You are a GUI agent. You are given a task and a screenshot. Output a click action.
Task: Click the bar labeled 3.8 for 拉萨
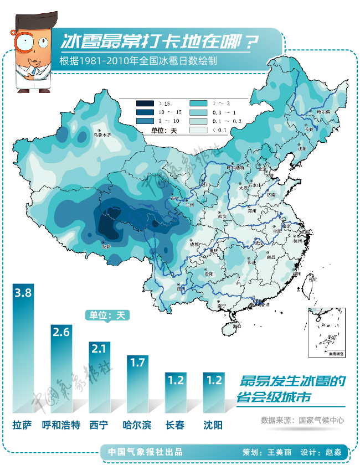[x=23, y=349]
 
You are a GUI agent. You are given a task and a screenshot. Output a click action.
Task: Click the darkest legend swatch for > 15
[x=145, y=103]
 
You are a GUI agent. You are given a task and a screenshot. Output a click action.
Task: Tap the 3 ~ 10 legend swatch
[x=145, y=121]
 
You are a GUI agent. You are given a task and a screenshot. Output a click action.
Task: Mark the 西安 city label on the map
[x=223, y=217]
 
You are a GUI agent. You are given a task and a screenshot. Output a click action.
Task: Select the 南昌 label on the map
[x=271, y=257]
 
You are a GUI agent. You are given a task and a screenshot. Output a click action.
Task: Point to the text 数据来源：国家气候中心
[x=302, y=420]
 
